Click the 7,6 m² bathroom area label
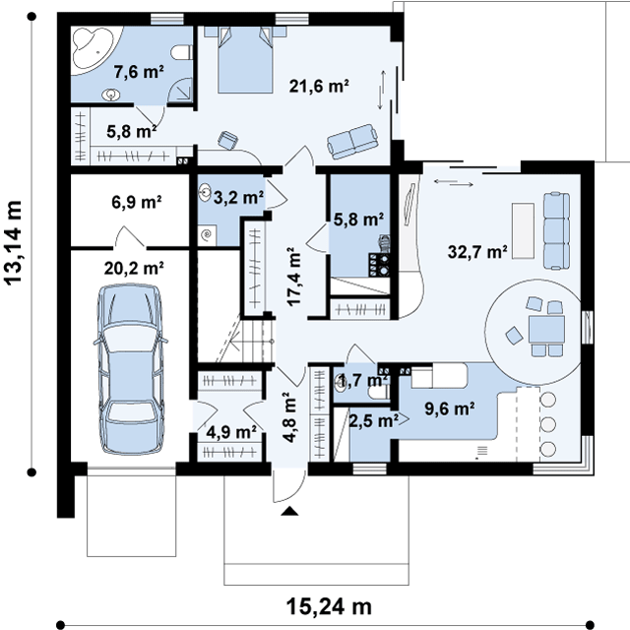click(x=139, y=72)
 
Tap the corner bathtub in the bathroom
click(x=91, y=48)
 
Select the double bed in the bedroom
click(x=245, y=59)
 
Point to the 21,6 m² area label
click(x=319, y=86)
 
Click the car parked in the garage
click(x=131, y=369)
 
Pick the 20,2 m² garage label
click(x=134, y=268)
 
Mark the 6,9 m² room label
click(x=137, y=202)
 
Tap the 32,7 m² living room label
click(x=477, y=252)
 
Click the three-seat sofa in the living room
click(x=556, y=230)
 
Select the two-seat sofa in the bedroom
click(x=352, y=142)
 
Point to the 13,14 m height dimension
click(x=13, y=243)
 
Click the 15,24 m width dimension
click(x=329, y=606)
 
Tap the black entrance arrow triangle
click(x=289, y=511)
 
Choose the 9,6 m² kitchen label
click(x=450, y=409)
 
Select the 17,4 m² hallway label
click(x=293, y=277)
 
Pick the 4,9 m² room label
click(x=231, y=433)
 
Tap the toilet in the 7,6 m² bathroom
click(x=181, y=52)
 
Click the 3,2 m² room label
click(x=238, y=197)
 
